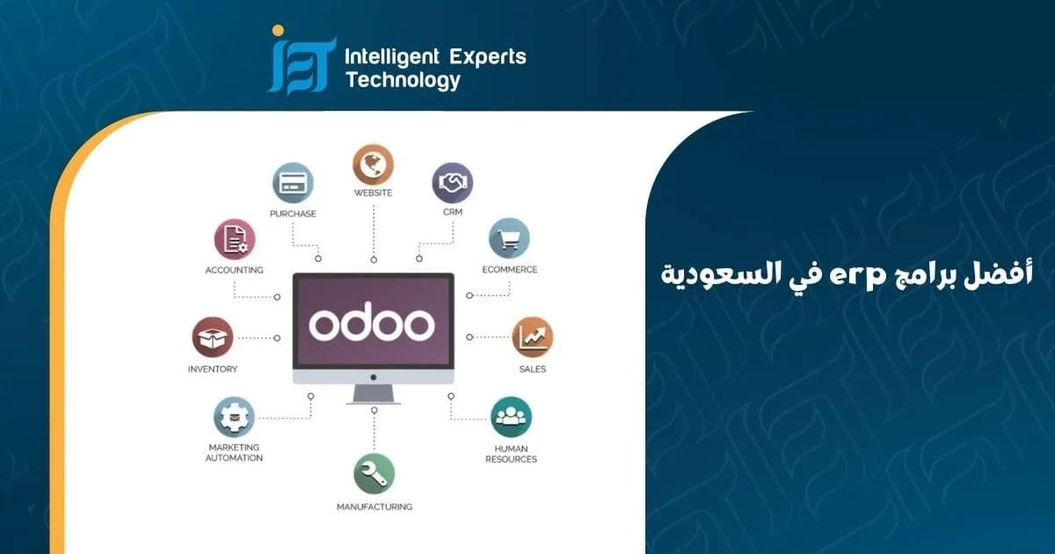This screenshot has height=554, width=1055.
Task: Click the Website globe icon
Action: click(373, 164)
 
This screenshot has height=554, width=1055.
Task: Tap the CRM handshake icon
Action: click(453, 183)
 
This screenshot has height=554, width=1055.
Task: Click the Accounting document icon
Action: click(234, 239)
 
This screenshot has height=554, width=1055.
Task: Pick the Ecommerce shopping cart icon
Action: click(509, 238)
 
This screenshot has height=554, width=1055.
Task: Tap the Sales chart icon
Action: click(532, 337)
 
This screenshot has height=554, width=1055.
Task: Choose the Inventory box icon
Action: click(212, 337)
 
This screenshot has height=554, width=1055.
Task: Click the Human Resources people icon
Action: click(511, 417)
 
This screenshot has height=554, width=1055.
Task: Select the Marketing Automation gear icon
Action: click(234, 417)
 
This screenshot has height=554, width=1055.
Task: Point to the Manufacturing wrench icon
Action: click(374, 473)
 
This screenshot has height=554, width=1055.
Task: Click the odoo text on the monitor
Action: click(372, 324)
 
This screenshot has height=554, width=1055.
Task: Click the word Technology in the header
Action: click(403, 81)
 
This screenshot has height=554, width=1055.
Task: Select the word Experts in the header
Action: click(488, 58)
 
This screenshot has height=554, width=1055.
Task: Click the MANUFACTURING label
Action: click(375, 507)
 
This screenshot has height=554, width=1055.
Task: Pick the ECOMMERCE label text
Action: click(509, 270)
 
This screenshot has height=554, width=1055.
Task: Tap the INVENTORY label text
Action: click(213, 369)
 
